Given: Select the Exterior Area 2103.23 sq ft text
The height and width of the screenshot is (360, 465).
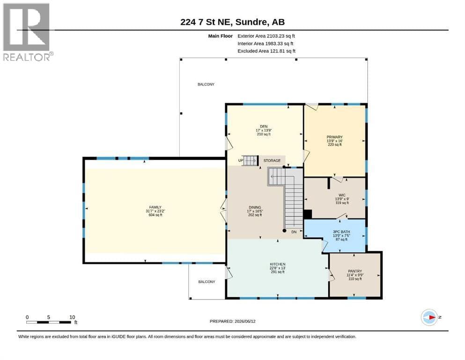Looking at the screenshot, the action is (266, 36).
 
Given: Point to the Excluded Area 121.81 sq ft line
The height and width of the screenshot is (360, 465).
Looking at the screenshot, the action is (266, 51).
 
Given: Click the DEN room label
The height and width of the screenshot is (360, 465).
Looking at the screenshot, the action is (264, 127).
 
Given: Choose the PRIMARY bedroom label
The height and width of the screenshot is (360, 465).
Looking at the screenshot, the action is (334, 137).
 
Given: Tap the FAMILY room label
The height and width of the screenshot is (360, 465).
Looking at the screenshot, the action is (155, 207).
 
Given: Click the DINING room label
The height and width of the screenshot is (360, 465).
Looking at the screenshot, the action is (255, 208).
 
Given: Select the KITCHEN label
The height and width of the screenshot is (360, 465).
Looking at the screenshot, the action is (278, 264).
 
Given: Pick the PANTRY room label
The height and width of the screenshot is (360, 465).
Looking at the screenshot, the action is (355, 271).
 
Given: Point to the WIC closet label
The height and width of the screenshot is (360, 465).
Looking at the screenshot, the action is (342, 195).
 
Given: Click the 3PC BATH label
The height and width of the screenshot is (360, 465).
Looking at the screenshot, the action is (341, 232).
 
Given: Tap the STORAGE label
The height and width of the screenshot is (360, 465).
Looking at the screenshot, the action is (272, 161).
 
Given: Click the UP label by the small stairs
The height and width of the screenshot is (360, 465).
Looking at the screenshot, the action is (241, 161).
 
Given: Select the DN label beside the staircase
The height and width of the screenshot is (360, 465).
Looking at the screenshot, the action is (294, 232).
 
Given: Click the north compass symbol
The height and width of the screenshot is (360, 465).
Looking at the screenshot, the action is (429, 317).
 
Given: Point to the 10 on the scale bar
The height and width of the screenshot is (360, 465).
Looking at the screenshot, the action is (72, 317).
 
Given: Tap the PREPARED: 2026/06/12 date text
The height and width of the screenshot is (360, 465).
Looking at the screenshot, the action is (232, 321).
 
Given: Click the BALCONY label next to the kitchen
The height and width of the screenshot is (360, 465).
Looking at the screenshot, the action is (207, 282).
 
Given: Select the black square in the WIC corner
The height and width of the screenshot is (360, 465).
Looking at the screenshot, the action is (308, 214).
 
